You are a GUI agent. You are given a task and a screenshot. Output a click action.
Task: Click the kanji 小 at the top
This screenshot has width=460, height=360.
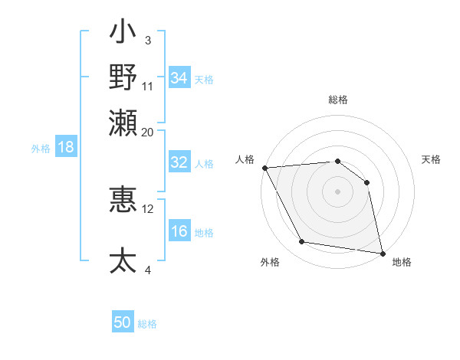(x=123, y=34)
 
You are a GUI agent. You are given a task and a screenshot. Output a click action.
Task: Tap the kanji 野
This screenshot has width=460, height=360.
(x=123, y=77)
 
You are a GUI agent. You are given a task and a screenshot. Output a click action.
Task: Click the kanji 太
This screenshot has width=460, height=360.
(x=123, y=260)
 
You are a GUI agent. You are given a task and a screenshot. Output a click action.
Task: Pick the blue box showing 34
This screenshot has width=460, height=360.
(x=179, y=78)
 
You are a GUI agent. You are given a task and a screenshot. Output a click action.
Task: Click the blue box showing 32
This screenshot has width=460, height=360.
(x=179, y=162)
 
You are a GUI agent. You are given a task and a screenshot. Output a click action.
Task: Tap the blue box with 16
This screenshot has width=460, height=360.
(x=179, y=232)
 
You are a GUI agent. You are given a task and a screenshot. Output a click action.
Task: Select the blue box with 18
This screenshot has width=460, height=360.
(x=66, y=147)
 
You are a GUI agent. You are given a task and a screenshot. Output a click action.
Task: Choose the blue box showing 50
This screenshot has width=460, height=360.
(x=123, y=322)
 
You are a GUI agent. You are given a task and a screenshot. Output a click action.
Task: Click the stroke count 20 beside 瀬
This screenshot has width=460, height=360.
(x=147, y=132)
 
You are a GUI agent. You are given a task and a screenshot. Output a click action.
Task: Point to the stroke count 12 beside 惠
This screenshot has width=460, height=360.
(x=148, y=208)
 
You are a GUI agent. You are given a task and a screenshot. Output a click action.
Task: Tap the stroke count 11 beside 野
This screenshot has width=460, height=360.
(x=148, y=86)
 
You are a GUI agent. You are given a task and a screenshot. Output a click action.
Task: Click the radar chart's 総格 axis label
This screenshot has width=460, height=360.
(x=338, y=100)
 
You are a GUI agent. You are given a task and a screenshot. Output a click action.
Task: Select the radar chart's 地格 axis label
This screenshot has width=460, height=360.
(x=402, y=262)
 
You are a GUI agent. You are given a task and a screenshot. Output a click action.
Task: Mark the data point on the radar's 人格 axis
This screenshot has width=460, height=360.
(x=264, y=168)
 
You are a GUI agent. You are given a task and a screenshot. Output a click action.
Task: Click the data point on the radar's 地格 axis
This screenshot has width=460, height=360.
(x=382, y=253)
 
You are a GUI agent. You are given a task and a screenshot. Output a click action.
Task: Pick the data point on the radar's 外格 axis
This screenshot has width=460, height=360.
(x=302, y=242)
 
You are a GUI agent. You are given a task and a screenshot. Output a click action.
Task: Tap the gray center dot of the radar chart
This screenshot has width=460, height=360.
(x=337, y=191)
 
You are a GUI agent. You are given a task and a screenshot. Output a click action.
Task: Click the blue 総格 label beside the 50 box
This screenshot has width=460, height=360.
(x=147, y=324)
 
